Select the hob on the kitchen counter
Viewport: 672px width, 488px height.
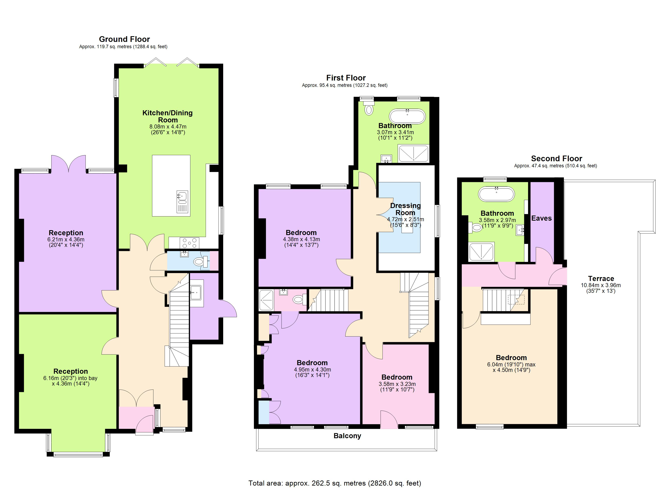point(190,243)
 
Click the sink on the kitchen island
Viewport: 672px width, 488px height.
point(182,196)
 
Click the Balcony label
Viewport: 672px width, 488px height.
point(347,436)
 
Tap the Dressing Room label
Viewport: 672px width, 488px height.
point(405,209)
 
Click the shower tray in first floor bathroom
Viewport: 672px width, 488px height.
point(413,154)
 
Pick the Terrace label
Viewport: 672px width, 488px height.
point(601,279)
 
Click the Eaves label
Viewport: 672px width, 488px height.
point(541,218)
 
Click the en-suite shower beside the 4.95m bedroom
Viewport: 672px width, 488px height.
point(266,300)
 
